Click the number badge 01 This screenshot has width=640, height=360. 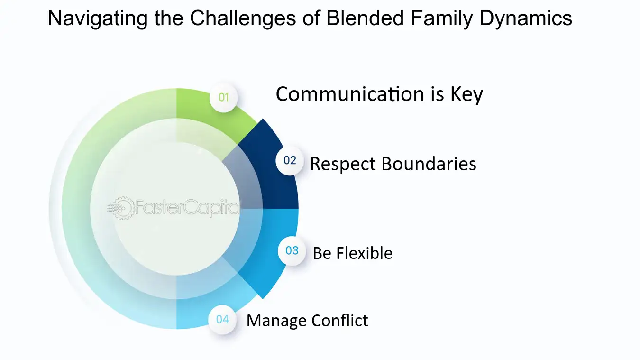click(223, 98)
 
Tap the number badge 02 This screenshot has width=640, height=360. click(290, 160)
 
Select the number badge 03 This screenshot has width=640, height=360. click(292, 250)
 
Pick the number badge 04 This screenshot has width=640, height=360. click(222, 319)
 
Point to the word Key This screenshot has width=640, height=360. click(466, 94)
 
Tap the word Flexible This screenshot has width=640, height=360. click(364, 253)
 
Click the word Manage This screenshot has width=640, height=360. click(276, 321)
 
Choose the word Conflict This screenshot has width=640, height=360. click(339, 321)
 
